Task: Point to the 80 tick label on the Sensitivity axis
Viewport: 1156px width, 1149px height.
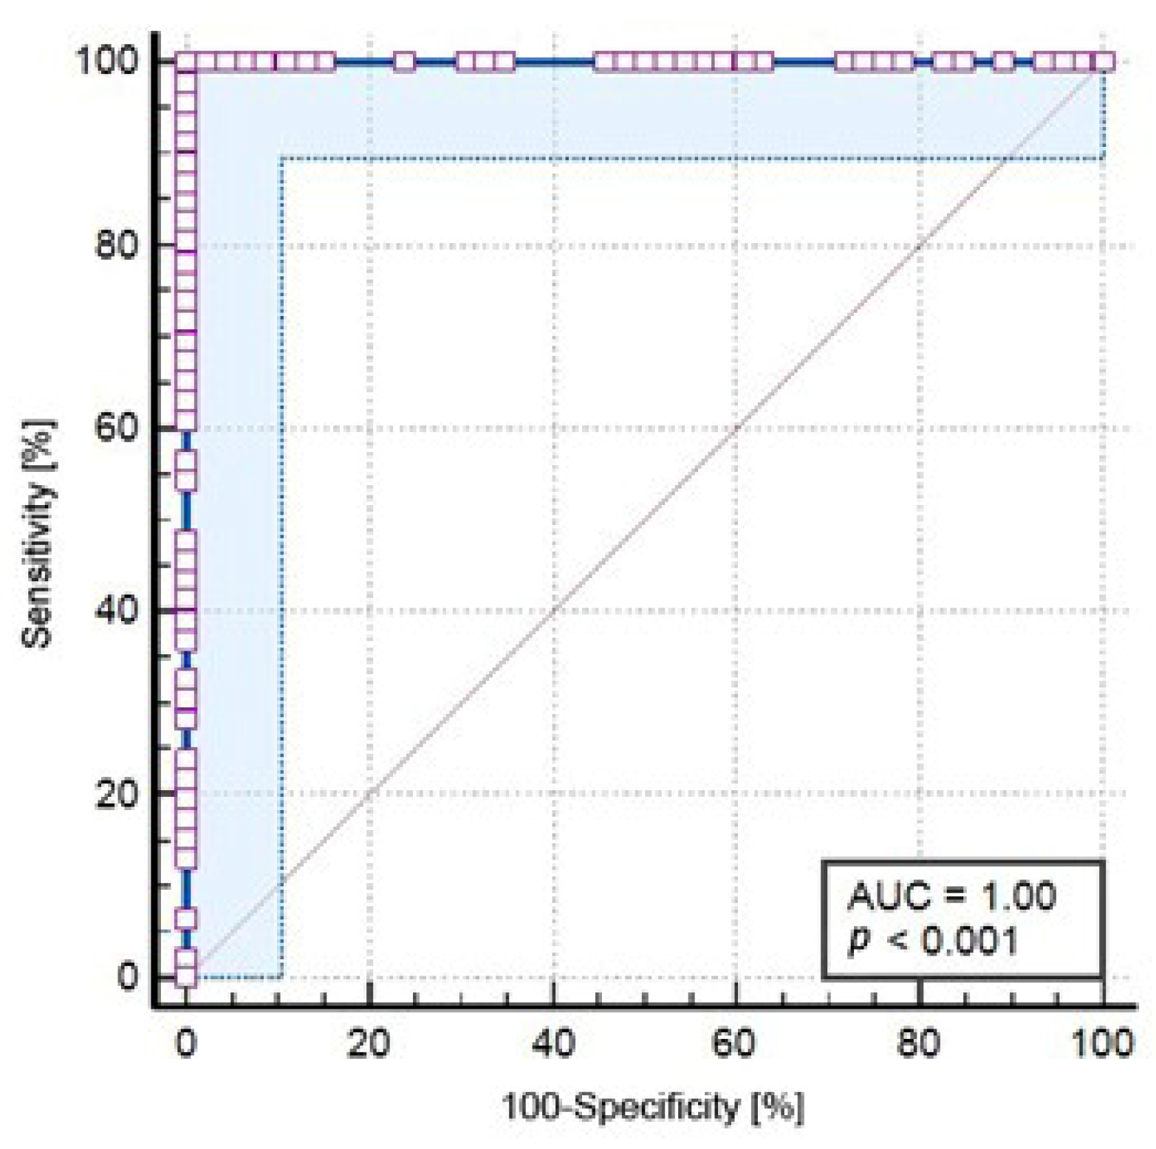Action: (117, 244)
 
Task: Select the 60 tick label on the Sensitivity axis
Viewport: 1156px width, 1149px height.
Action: (117, 428)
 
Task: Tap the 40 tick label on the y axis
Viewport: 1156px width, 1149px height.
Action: (117, 611)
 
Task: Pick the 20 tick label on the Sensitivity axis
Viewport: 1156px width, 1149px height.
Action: (117, 794)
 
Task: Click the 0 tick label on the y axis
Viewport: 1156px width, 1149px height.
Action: (128, 976)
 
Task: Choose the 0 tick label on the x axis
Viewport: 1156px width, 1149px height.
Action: (186, 1044)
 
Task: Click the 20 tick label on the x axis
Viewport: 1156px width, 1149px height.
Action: (369, 1044)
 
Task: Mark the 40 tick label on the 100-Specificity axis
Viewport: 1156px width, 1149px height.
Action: (553, 1044)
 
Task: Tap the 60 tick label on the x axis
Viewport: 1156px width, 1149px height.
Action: (736, 1044)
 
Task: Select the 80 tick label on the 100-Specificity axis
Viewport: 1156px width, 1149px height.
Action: (919, 1044)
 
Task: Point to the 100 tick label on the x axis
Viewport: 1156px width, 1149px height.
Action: (1101, 1044)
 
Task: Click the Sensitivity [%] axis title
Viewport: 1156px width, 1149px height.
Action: (38, 533)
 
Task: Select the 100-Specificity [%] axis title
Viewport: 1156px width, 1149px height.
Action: (652, 1107)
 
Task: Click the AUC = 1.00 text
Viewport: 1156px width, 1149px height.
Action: (951, 896)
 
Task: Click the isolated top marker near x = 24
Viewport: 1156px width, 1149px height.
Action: (404, 62)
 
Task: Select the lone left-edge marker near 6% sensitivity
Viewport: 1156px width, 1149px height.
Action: (186, 919)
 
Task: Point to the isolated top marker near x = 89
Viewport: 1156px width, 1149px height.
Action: (1003, 62)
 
